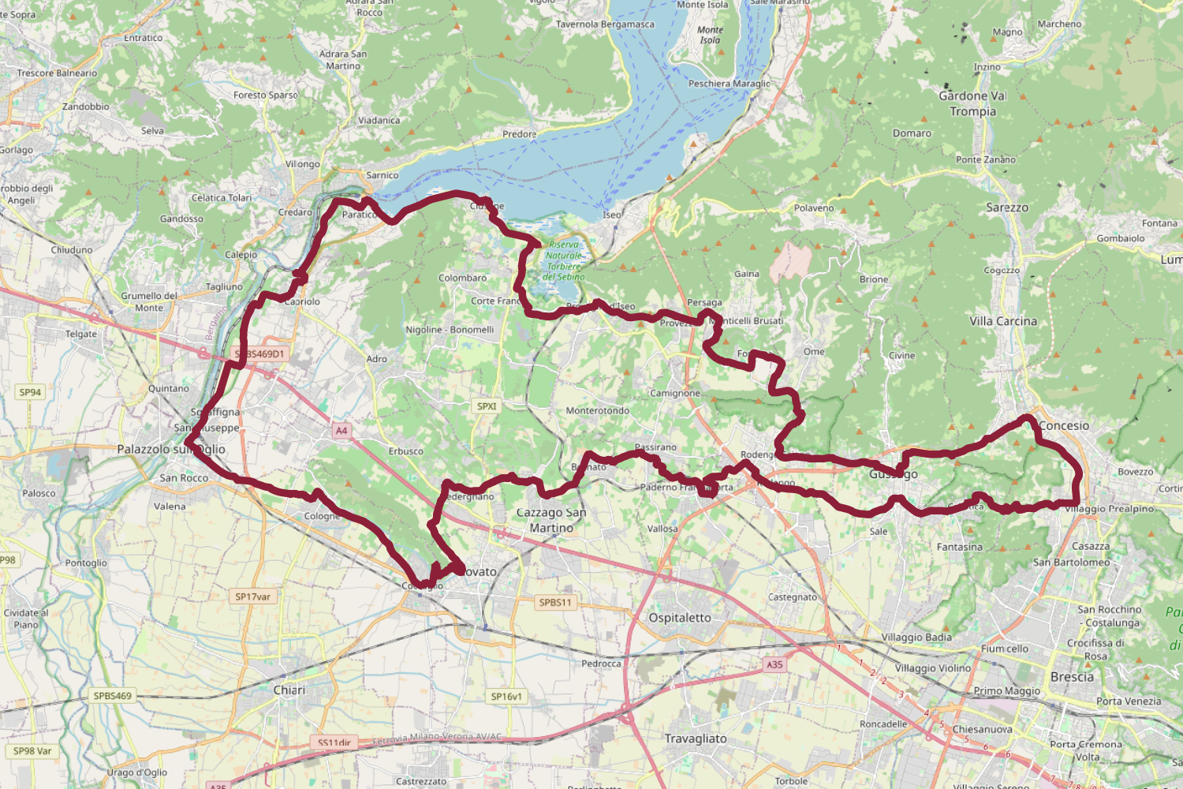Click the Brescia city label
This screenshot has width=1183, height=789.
click(1072, 677)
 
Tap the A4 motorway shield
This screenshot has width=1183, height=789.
click(341, 431)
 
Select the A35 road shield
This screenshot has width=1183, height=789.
click(774, 664)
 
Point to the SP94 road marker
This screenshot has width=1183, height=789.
click(30, 392)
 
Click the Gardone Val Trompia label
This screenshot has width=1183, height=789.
click(972, 103)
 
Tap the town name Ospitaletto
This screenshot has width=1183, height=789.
click(680, 618)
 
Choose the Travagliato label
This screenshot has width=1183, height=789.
click(696, 739)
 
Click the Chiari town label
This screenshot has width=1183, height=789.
click(289, 690)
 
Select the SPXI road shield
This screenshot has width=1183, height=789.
click(487, 406)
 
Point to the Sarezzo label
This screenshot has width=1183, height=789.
click(1007, 208)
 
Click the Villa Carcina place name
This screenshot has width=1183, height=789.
click(1003, 321)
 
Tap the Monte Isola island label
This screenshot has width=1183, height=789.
click(710, 35)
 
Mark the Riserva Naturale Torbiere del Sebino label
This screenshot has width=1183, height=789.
click(564, 261)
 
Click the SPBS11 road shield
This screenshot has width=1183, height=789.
click(555, 602)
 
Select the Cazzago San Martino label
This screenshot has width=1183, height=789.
click(551, 520)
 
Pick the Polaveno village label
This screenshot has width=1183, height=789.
click(814, 208)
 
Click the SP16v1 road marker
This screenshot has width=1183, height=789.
click(506, 697)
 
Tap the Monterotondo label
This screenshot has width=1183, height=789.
click(598, 410)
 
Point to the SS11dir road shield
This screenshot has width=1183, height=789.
click(334, 742)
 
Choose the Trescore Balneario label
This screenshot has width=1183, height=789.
click(57, 73)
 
